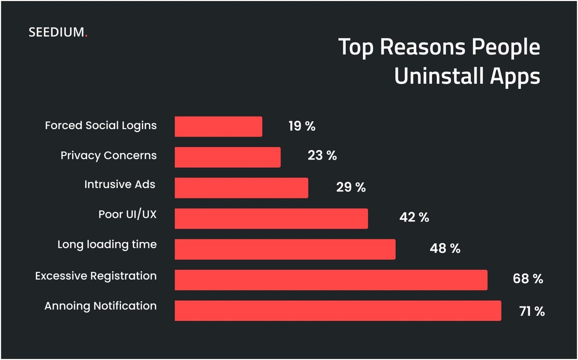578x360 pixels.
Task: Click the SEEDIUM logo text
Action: click(56, 33)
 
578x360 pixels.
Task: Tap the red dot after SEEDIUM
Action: click(86, 36)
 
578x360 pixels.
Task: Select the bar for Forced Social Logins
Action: click(218, 126)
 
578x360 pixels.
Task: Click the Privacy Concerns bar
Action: click(227, 157)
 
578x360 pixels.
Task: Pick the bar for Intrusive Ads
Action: click(241, 187)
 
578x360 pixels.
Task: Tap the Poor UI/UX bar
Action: click(271, 218)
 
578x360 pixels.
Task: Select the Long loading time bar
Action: click(285, 249)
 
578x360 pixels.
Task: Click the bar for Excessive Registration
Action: click(331, 280)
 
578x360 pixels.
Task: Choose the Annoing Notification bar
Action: click(338, 310)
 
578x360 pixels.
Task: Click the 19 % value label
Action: click(302, 126)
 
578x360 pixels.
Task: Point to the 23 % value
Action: click(322, 156)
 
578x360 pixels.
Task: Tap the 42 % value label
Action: click(414, 217)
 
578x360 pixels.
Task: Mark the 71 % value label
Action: click(532, 311)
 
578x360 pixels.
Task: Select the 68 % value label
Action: click(528, 279)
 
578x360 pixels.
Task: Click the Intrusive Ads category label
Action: click(120, 184)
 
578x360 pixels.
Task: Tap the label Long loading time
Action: click(107, 244)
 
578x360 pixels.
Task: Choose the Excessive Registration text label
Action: click(96, 276)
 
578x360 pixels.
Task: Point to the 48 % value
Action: click(445, 249)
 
